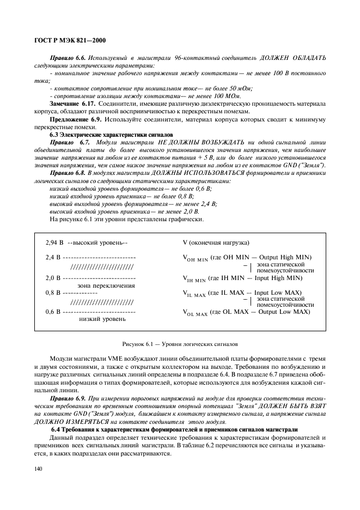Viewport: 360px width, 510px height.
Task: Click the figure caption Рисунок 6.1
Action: [180, 344]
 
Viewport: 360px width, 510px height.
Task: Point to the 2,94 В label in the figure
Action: [54, 242]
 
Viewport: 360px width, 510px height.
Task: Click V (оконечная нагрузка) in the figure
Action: [216, 242]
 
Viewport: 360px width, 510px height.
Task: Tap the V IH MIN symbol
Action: [194, 278]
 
